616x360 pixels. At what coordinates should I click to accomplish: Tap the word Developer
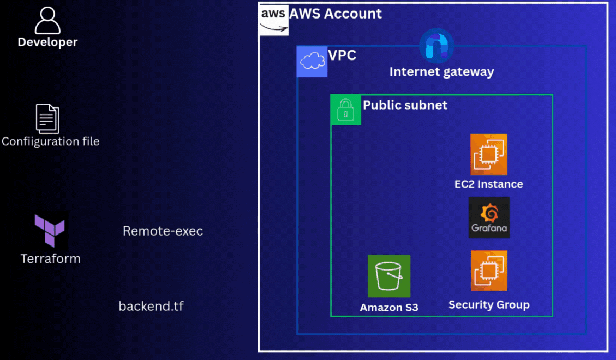coord(48,42)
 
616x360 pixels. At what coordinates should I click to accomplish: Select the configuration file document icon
coord(47,118)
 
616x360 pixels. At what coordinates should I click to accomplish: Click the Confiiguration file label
coord(51,142)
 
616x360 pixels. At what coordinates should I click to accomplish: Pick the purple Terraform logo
coord(50,230)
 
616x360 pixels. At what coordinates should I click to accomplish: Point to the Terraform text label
coord(51,259)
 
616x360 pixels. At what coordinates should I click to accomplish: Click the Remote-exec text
coord(163,231)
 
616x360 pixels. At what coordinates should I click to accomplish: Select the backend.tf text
coord(151,306)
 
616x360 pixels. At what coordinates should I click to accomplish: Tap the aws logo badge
coord(273,20)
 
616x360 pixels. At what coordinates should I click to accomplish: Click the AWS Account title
coord(336,14)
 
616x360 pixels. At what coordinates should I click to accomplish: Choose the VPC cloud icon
coord(312,62)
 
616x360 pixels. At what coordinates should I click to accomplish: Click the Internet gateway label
coord(441,71)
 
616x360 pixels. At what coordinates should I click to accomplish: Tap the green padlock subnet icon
coord(346,109)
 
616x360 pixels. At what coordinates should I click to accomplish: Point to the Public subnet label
coord(405,105)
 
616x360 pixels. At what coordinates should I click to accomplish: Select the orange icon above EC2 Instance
coord(489,154)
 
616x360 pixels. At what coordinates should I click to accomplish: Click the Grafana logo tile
coord(489,218)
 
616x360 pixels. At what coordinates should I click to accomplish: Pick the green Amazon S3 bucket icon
coord(389,276)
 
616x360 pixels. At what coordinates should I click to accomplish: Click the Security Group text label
coord(489,305)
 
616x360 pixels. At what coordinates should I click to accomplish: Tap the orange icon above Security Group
coord(489,271)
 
